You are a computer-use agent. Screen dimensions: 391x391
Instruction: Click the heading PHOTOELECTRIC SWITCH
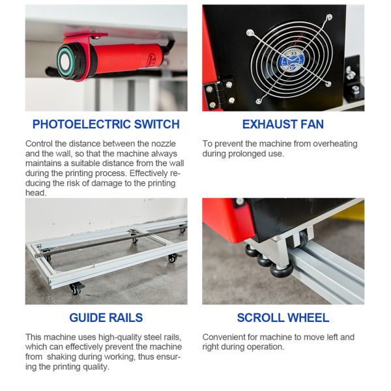(x=106, y=124)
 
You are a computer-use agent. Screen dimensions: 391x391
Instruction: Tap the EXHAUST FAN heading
(x=283, y=124)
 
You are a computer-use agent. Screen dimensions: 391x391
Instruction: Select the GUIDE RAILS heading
(x=106, y=318)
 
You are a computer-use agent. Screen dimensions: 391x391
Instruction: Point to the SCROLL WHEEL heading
(x=283, y=318)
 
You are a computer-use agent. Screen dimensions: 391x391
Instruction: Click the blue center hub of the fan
(x=292, y=61)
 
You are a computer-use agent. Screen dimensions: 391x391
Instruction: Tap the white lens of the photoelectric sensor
(x=65, y=62)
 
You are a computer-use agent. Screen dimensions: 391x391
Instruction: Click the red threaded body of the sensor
(x=127, y=59)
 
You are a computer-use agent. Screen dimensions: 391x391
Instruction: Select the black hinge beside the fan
(x=220, y=93)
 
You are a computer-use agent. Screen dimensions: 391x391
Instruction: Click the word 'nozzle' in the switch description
(x=163, y=143)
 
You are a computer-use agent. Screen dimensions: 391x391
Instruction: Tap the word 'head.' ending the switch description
(x=36, y=193)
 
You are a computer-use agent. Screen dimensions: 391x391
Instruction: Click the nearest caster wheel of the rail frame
(x=76, y=288)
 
